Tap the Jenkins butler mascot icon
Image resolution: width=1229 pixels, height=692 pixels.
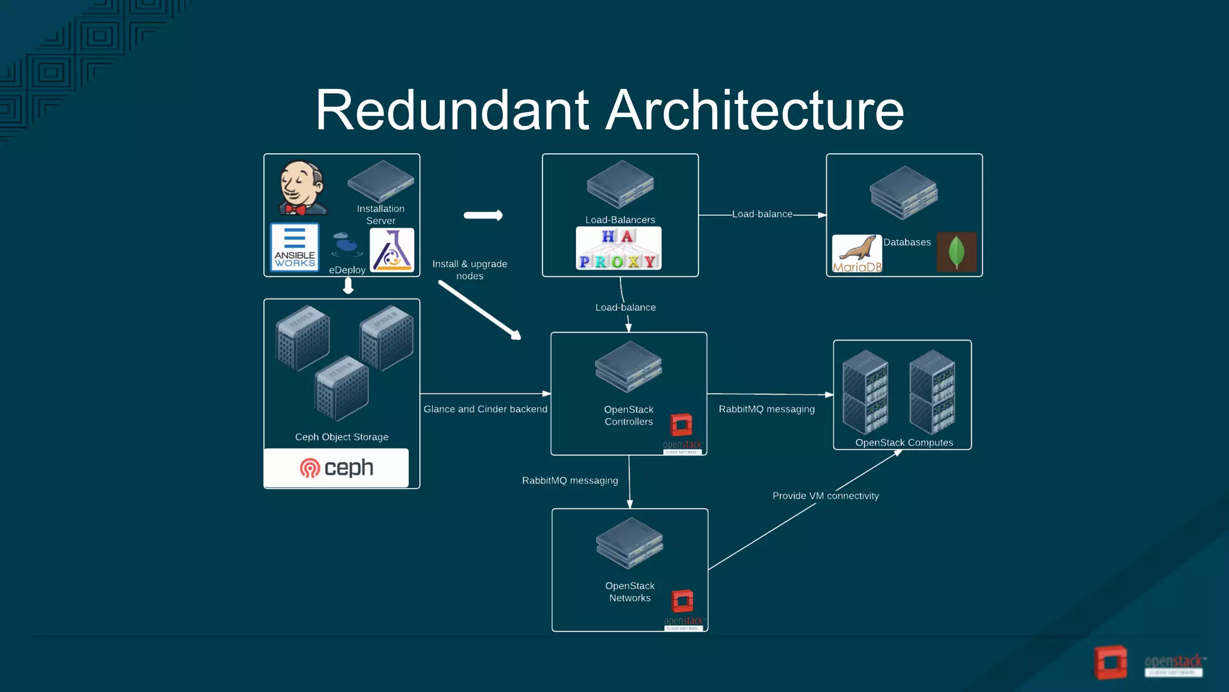[x=302, y=188]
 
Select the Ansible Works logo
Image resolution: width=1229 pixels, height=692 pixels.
[x=295, y=247]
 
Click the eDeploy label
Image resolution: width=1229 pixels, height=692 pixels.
[x=347, y=270]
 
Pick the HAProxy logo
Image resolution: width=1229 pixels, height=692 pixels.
[x=619, y=248]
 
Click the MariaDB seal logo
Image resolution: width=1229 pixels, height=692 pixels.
[x=857, y=253]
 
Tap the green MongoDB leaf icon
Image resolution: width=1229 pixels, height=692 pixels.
[x=957, y=252]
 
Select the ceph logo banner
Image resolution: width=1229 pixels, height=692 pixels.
[x=336, y=468]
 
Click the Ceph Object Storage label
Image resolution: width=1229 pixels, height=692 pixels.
[x=341, y=437]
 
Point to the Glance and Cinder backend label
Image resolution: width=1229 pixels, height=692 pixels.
[x=485, y=409]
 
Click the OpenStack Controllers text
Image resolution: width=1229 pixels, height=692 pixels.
[x=629, y=416]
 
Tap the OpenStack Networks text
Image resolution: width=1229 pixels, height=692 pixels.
[x=630, y=592]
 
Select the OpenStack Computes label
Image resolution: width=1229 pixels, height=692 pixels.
[x=904, y=443]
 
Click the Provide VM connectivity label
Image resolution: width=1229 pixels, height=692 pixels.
[x=825, y=496]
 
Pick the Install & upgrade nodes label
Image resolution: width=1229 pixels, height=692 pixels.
[x=470, y=270]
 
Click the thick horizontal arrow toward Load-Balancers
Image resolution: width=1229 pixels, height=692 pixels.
[x=483, y=215]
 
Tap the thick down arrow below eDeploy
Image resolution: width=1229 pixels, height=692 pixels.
[x=348, y=287]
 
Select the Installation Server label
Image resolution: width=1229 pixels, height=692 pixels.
[x=380, y=214]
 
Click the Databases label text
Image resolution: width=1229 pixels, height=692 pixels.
[x=907, y=242]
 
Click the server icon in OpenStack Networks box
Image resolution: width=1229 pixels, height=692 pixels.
[x=630, y=543]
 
